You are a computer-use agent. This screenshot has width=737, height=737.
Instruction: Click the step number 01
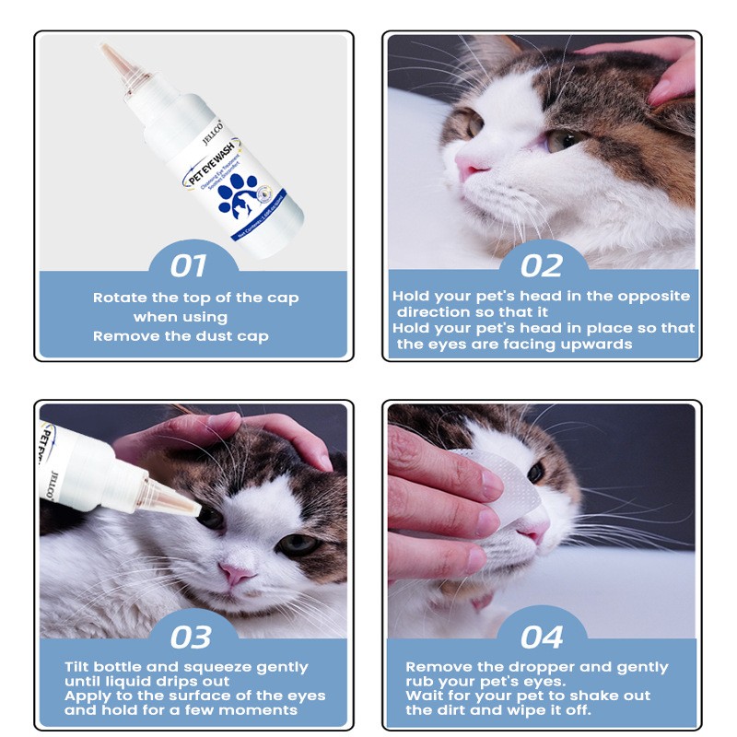[x=188, y=266]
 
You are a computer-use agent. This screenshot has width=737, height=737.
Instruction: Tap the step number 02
[x=541, y=266]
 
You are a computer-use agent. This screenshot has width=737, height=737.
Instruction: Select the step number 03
[x=191, y=637]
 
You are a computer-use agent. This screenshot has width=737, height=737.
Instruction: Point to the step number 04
[x=542, y=637]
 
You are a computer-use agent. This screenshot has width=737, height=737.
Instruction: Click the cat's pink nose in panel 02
[x=471, y=166]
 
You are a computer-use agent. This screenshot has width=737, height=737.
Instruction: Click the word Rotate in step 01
[x=119, y=298]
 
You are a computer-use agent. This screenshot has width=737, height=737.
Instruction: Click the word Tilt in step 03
[x=77, y=667]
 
